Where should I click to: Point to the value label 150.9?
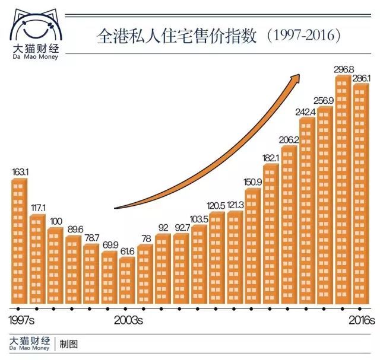(x=253, y=181)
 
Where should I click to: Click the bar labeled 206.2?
(x=289, y=227)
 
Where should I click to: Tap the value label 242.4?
(x=307, y=111)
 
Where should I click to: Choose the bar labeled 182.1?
(x=271, y=235)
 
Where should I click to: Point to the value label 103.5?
(x=199, y=219)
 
